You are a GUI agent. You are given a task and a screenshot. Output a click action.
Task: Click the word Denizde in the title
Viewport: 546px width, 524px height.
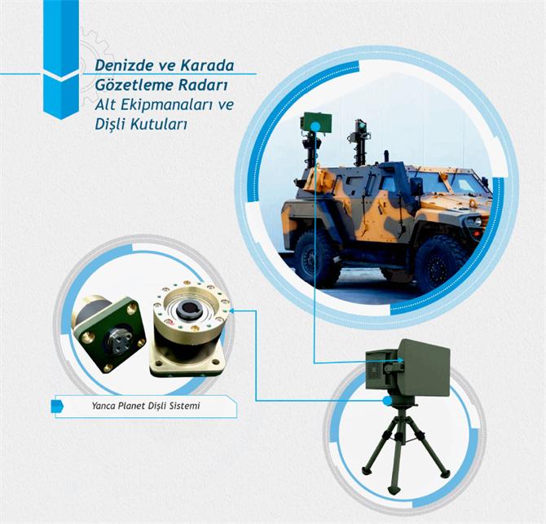[124, 65]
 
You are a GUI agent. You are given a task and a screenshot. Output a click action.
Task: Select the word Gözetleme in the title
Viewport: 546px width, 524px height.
[134, 85]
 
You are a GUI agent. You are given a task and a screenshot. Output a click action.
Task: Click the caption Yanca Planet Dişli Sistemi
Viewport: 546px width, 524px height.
[146, 406]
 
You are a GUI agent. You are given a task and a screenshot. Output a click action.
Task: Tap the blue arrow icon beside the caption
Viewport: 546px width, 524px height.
[58, 406]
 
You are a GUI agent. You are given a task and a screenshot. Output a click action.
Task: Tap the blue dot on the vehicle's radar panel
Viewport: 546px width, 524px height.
[315, 127]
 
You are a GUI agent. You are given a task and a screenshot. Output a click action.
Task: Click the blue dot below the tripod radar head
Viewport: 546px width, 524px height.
[386, 401]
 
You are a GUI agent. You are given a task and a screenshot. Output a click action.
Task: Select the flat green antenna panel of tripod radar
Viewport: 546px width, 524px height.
[425, 368]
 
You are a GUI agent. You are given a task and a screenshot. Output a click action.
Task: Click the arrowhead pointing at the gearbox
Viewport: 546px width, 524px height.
[232, 310]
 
